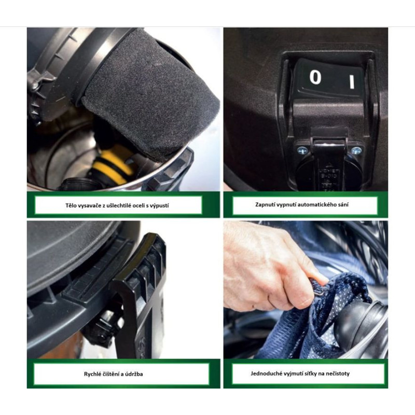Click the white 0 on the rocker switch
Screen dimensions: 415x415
pyautogui.click(x=315, y=77)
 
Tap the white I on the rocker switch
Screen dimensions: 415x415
pyautogui.click(x=352, y=81)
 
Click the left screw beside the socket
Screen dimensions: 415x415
pyautogui.click(x=301, y=150)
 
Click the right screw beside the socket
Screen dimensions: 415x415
pyautogui.click(x=356, y=151)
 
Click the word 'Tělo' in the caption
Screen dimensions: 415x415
pyautogui.click(x=71, y=205)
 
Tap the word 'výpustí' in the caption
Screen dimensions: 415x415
pyautogui.click(x=159, y=205)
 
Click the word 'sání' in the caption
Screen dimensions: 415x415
pyautogui.click(x=343, y=204)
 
